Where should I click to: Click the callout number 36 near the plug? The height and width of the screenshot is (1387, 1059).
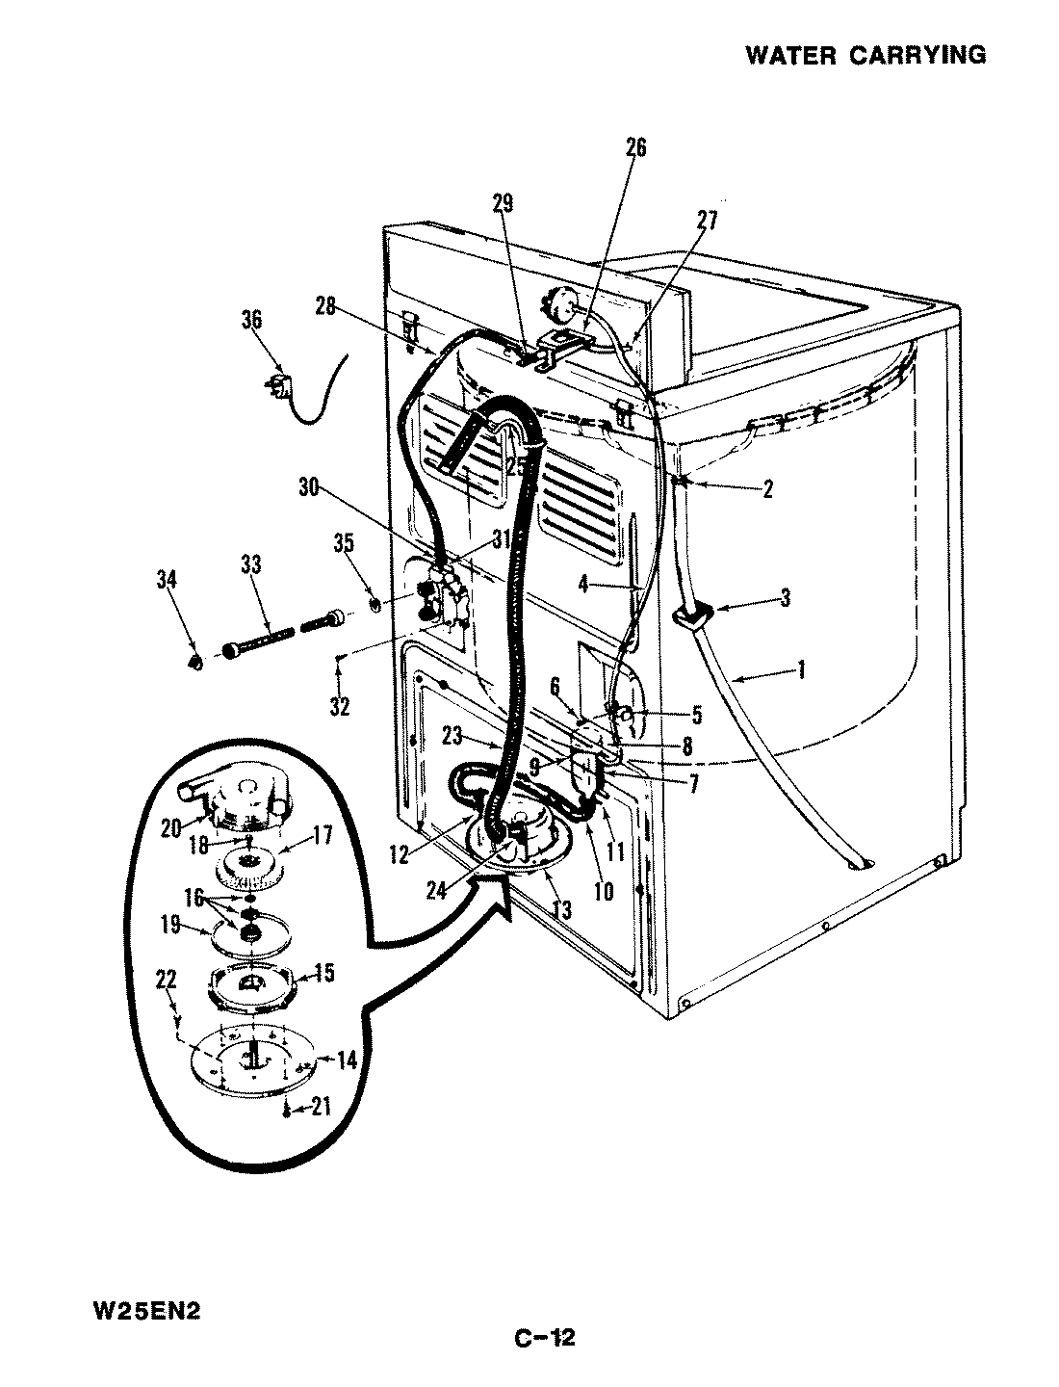click(251, 320)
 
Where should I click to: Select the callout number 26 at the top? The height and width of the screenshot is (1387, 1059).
click(636, 147)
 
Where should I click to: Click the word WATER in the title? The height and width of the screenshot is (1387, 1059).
click(790, 55)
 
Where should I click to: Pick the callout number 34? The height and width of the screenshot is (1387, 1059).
click(166, 579)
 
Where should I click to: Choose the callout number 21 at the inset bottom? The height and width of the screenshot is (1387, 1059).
click(321, 1108)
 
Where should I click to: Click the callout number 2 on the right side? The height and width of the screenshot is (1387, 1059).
click(766, 488)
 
